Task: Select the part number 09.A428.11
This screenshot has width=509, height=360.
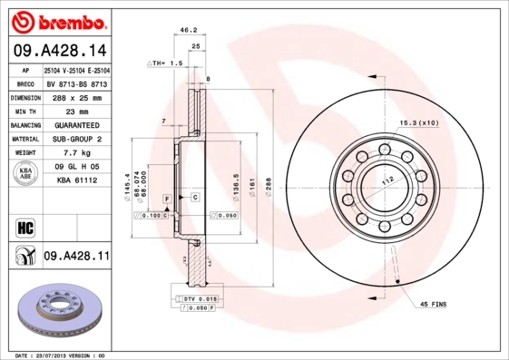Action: pyautogui.click(x=77, y=257)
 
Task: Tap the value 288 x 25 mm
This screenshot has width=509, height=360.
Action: pyautogui.click(x=77, y=95)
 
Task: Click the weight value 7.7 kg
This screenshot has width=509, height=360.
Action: pyautogui.click(x=77, y=153)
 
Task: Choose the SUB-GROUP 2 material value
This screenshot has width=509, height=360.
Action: pyautogui.click(x=77, y=139)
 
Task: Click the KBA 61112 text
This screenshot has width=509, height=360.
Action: pyautogui.click(x=77, y=181)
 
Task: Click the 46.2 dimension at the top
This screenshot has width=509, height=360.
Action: pyautogui.click(x=189, y=30)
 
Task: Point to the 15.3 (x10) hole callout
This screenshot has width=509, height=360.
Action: pyautogui.click(x=419, y=122)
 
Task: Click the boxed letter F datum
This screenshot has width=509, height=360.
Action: pyautogui.click(x=168, y=198)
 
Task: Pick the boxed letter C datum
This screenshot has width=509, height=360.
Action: pyautogui.click(x=195, y=197)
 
